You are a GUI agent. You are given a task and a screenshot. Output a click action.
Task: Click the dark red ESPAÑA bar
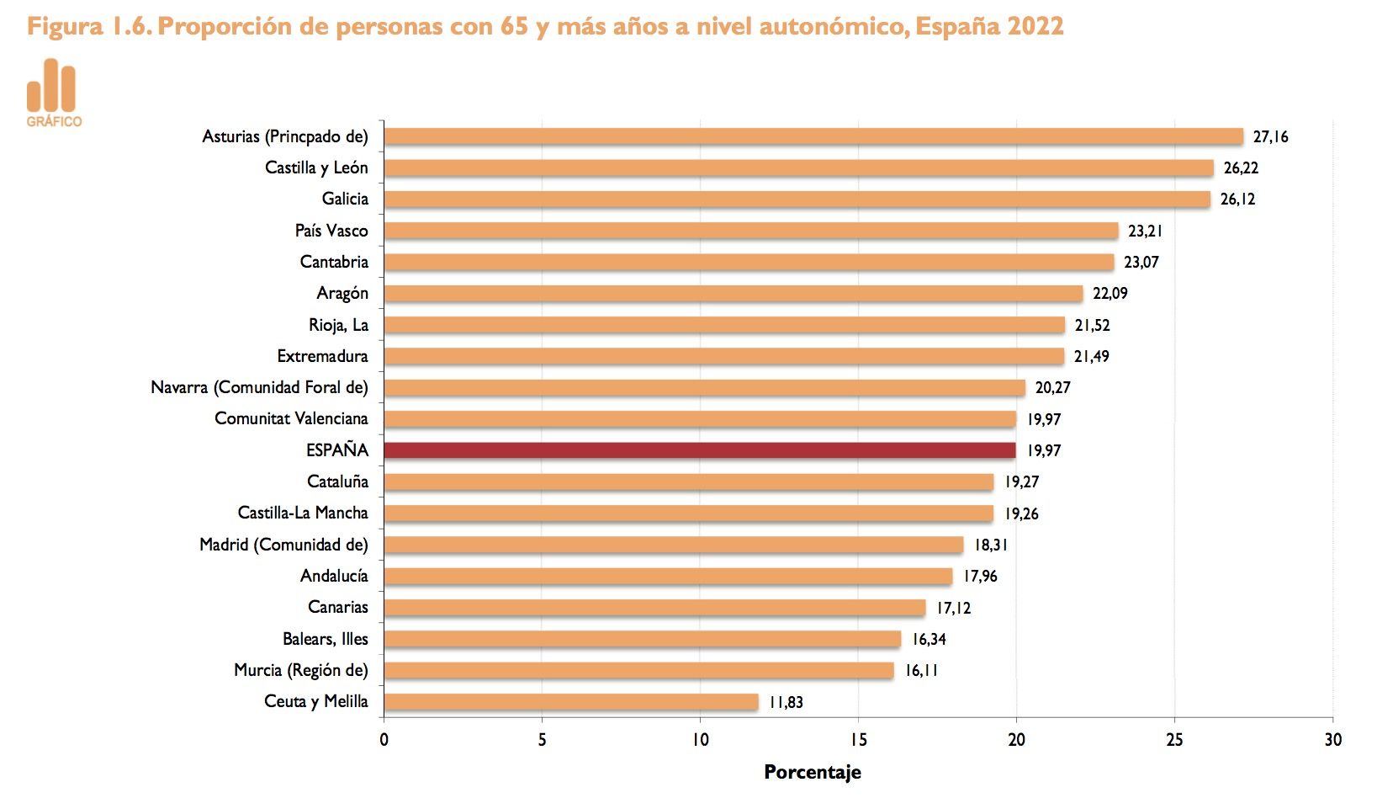[699, 450]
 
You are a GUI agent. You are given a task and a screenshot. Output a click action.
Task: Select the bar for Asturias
[813, 136]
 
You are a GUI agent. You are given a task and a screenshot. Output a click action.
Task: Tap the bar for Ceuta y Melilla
[570, 701]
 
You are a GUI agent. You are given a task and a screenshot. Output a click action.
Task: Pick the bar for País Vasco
[750, 231]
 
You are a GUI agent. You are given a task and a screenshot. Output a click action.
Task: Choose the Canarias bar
[654, 607]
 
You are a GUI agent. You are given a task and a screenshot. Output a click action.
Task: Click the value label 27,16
[1270, 137]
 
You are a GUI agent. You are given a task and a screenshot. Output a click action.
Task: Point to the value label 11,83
[786, 702]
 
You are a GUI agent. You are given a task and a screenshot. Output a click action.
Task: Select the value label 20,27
[1052, 388]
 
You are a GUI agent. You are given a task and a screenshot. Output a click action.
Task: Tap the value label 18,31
[991, 545]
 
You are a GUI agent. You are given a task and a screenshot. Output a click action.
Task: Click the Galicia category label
[345, 199]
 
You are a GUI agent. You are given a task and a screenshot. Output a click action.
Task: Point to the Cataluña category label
[337, 481]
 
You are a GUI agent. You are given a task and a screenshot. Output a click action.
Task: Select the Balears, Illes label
[325, 639]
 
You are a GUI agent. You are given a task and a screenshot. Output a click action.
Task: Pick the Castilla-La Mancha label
[303, 513]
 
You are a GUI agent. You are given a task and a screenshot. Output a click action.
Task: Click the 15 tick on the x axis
[858, 740]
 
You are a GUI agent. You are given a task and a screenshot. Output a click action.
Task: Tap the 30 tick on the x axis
[1332, 740]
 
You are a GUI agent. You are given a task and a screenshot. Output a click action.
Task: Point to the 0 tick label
[384, 740]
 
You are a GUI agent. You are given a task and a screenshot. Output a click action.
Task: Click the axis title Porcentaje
[812, 772]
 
